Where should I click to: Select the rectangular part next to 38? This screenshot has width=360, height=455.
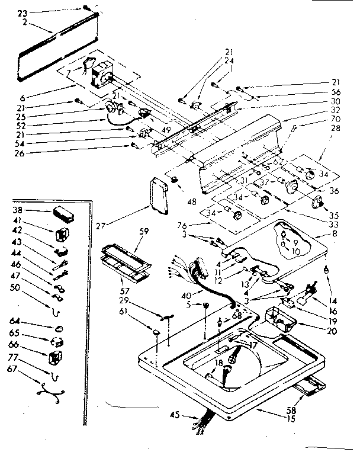(61, 212)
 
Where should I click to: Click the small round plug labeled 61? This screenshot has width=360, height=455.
(156, 334)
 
